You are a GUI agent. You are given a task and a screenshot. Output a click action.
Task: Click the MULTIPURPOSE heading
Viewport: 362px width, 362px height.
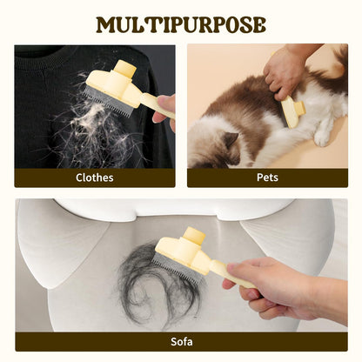tap(181, 25)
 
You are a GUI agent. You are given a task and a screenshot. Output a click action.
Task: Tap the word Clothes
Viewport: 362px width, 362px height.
tap(95, 178)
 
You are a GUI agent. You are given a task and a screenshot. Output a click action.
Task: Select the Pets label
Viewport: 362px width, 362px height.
tap(267, 178)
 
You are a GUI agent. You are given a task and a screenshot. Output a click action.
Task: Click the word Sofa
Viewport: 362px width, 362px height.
tap(182, 341)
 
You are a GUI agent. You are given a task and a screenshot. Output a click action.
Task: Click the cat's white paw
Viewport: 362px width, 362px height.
tap(322, 138)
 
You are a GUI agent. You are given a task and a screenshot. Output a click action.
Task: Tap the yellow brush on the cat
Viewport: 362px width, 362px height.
tap(293, 111)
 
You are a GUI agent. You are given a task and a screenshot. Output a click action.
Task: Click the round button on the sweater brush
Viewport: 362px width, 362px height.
tap(125, 69)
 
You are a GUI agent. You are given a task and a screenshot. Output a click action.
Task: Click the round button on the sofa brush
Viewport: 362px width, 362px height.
tap(194, 236)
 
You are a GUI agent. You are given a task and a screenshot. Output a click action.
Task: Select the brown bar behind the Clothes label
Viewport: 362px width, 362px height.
tap(95, 178)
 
